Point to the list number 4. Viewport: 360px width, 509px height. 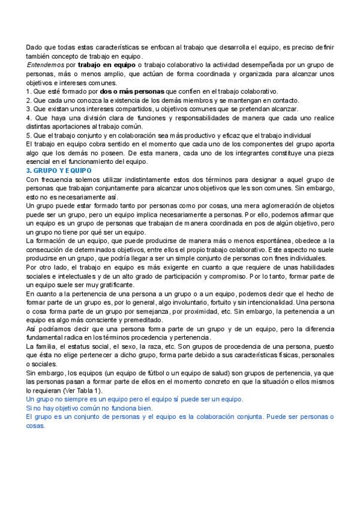pos(28,118)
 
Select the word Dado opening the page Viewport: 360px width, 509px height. pos(34,47)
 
